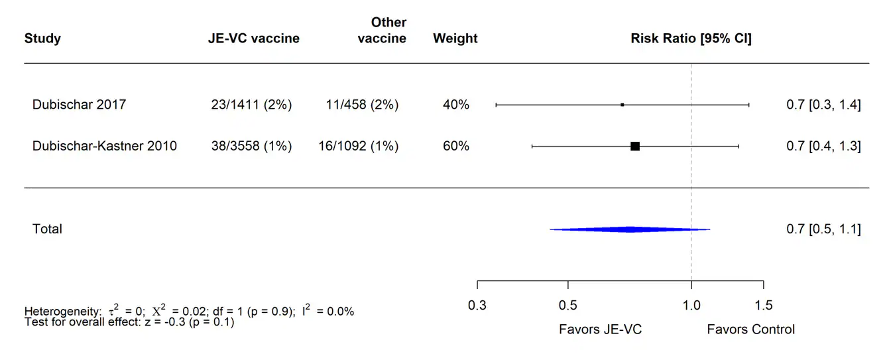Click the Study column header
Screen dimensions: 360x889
(42, 38)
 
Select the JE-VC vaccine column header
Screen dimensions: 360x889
(253, 38)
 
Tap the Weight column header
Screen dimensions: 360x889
(455, 38)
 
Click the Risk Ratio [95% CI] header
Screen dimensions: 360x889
(691, 38)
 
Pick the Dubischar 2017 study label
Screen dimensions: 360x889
(79, 105)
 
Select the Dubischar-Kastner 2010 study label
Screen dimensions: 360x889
(105, 146)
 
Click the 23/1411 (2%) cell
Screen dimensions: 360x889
(250, 105)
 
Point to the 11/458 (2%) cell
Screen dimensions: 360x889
(362, 105)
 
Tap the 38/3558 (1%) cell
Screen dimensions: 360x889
(250, 146)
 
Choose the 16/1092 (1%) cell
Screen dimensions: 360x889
(359, 146)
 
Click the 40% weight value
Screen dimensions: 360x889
(456, 105)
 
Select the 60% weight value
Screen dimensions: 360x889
(456, 146)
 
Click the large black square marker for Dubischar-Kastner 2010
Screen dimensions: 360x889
(635, 146)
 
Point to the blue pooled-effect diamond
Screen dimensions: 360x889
(630, 229)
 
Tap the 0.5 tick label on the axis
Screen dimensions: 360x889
(568, 306)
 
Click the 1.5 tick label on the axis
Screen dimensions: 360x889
(763, 306)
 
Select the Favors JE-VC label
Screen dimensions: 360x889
(601, 330)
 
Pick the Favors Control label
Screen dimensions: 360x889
(750, 330)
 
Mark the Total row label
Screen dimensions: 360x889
(47, 229)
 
